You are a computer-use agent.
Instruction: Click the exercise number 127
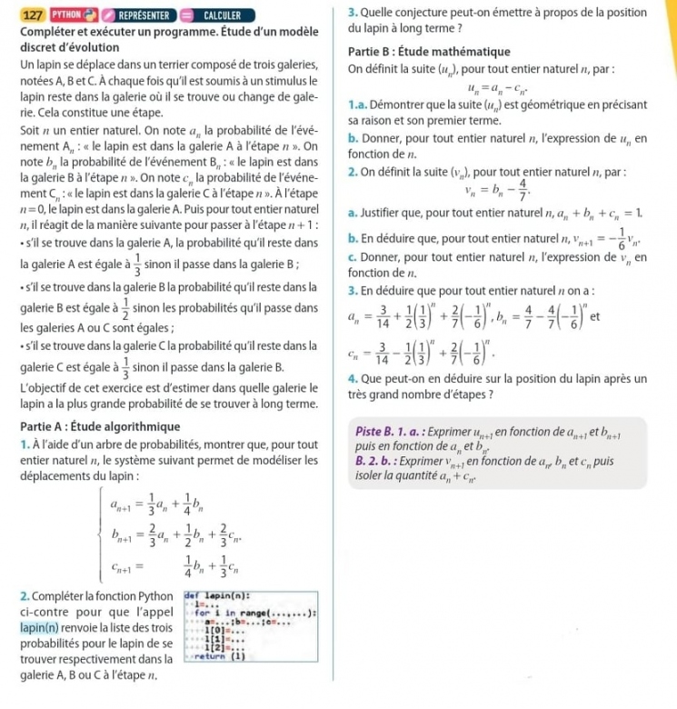(33, 15)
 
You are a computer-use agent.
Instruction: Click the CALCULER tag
(215, 15)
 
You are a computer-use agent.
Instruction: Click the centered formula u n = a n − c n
(503, 87)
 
